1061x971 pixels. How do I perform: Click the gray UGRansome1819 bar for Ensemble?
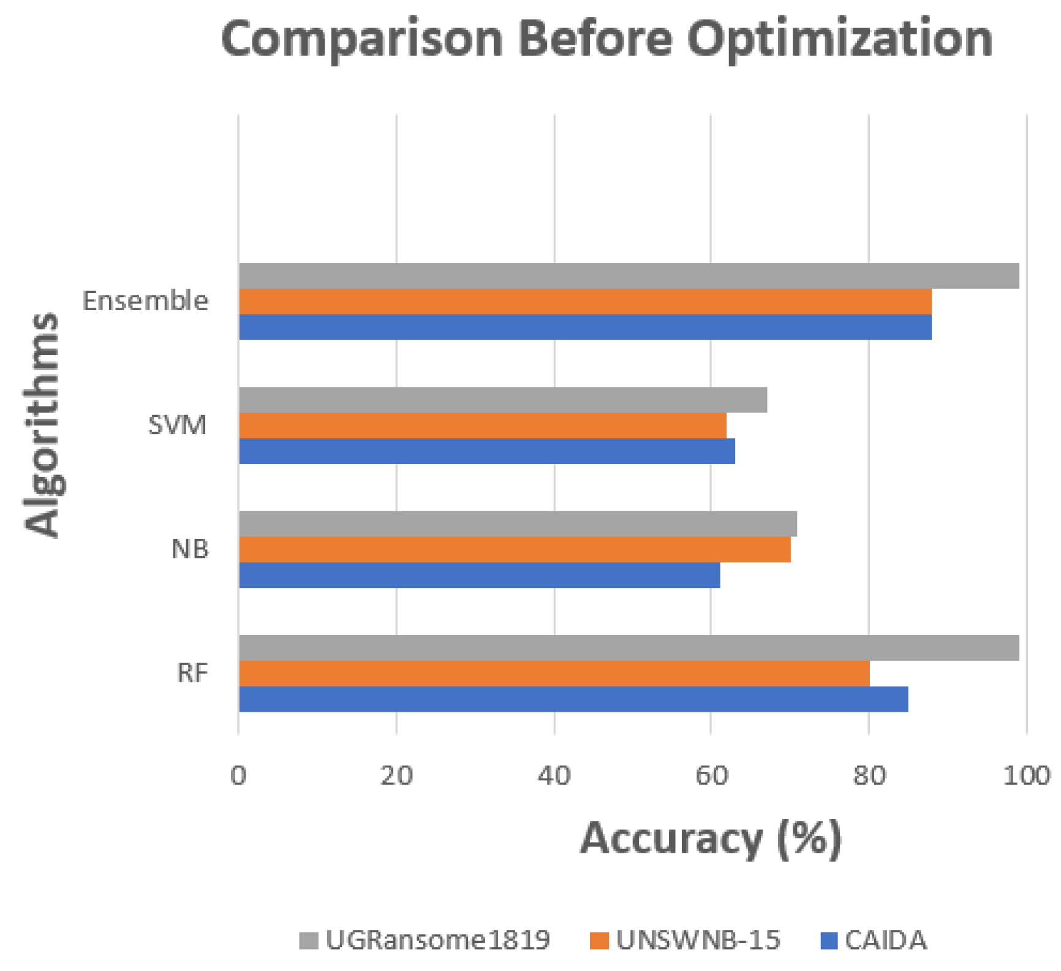tap(629, 276)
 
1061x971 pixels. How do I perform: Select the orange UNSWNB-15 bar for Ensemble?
tap(585, 302)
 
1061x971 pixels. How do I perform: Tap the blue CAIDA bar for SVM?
tap(487, 451)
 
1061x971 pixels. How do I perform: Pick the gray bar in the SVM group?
tap(503, 400)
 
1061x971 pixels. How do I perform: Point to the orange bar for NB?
tap(515, 549)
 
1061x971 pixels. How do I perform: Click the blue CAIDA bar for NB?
tap(480, 575)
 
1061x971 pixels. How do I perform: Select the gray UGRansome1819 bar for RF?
tap(629, 648)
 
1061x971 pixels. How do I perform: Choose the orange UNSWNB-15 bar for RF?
tap(554, 673)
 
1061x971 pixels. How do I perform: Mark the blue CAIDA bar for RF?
tap(573, 699)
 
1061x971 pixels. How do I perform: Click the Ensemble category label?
tap(146, 302)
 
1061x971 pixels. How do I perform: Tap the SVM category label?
tap(178, 425)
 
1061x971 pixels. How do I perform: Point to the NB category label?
tap(190, 549)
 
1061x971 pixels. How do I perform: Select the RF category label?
tap(192, 673)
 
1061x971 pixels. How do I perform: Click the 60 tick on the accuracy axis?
tap(711, 776)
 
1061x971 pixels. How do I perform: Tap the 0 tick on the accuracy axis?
tap(238, 776)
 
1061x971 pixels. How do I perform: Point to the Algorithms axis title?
tap(43, 425)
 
